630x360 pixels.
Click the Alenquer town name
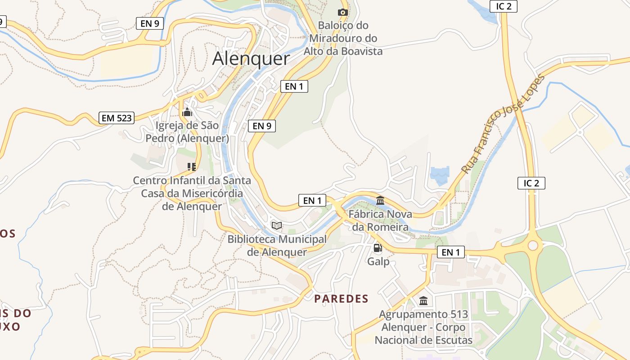(251, 58)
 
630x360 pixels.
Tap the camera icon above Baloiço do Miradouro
(343, 12)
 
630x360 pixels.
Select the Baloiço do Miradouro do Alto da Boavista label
(343, 38)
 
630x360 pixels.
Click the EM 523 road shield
(117, 118)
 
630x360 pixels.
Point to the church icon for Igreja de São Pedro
(187, 112)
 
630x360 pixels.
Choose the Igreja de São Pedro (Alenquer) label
(187, 131)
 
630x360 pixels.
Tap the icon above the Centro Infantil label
(192, 167)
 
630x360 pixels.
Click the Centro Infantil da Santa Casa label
(192, 193)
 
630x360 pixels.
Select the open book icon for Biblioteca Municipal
(277, 225)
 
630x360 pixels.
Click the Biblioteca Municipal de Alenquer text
(277, 245)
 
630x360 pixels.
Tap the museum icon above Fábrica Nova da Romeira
(380, 200)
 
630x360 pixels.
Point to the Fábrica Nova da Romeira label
(380, 220)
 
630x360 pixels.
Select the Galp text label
(378, 261)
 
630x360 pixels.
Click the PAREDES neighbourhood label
(341, 299)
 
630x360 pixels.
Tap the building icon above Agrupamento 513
(423, 301)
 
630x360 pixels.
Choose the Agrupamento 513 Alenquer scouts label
(423, 327)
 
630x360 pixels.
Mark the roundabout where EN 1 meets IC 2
(533, 246)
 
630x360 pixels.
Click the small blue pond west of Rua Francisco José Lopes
(440, 174)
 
